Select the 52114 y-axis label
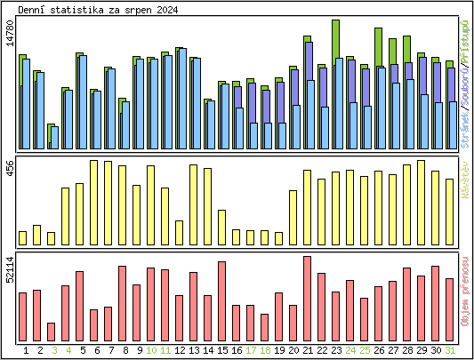point(10,268)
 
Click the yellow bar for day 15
point(222,227)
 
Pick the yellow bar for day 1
point(23,237)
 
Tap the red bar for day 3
point(52,332)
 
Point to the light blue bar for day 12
point(181,100)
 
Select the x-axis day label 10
point(151,350)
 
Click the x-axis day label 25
point(365,350)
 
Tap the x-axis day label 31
point(450,350)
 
